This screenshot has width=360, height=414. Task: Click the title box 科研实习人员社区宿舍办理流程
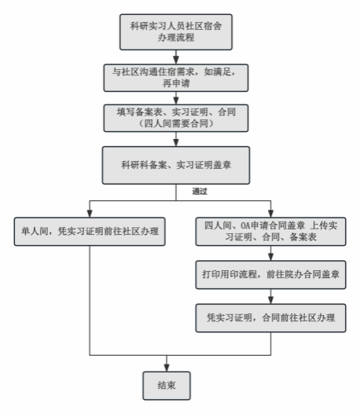click(176, 32)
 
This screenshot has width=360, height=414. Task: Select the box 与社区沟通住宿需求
click(176, 78)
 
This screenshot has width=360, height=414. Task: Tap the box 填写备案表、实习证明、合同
click(176, 118)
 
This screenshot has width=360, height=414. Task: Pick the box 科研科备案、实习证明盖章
click(176, 165)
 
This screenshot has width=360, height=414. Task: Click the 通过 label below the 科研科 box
click(200, 191)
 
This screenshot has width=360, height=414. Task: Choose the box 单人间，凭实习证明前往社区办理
click(90, 231)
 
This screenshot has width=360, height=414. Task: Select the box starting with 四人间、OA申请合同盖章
click(270, 231)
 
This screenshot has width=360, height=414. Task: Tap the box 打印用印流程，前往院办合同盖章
click(270, 275)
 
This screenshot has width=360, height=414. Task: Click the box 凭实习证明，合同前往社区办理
click(270, 318)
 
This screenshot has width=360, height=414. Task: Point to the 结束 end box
click(167, 386)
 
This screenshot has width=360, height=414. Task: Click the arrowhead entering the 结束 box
click(167, 368)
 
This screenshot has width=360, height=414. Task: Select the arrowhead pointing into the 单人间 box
click(90, 214)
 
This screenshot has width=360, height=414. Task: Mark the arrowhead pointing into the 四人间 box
click(270, 214)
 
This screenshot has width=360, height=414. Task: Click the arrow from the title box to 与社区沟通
click(176, 57)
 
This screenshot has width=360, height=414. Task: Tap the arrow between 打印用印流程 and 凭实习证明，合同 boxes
click(270, 296)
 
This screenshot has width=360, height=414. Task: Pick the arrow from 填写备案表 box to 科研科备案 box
click(176, 139)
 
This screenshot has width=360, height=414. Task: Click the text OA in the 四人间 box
click(245, 225)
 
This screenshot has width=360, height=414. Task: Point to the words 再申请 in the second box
click(176, 83)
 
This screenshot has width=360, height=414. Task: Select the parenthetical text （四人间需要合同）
click(176, 123)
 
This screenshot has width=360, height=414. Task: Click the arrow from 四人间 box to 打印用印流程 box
click(270, 253)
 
